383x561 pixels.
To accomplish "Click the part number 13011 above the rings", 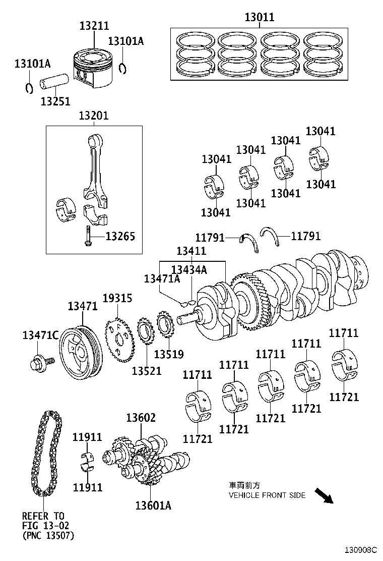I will click(x=260, y=17).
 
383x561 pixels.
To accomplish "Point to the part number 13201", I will click(x=93, y=116).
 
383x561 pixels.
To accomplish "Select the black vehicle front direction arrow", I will click(x=324, y=496).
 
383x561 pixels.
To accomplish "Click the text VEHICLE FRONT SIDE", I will click(x=267, y=495).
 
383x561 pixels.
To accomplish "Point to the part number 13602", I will click(x=141, y=418).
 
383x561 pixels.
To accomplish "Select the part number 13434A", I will click(x=189, y=270).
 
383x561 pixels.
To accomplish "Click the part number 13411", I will click(x=191, y=251).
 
